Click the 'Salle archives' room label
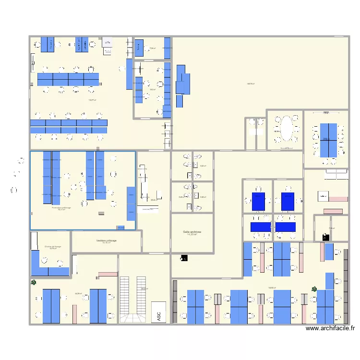point(192,231)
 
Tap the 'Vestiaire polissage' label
point(106,240)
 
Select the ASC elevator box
point(158,312)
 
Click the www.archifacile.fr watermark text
point(330,329)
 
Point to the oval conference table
point(286,128)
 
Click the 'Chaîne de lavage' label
point(53,246)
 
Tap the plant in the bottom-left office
point(34,283)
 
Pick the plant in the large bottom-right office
point(314,289)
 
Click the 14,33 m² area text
point(192,235)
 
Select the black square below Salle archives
point(184,258)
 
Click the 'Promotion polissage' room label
point(61,207)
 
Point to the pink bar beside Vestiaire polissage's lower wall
point(108,274)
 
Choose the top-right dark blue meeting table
point(288,202)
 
